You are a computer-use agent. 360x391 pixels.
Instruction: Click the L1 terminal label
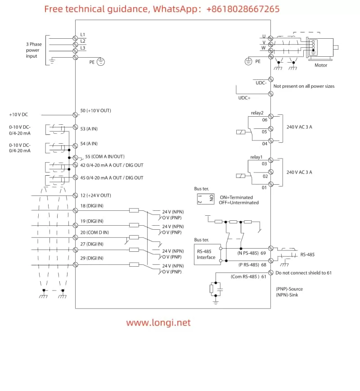[82, 35]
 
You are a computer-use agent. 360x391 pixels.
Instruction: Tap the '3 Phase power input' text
[33, 50]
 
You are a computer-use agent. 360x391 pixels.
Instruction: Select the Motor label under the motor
[321, 65]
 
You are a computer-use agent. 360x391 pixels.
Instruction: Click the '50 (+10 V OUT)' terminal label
[95, 110]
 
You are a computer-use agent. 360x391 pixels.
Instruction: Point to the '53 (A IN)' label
[89, 129]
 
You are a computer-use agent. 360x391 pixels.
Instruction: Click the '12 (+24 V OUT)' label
[95, 195]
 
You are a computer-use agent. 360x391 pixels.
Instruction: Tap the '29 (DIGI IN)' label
[92, 258]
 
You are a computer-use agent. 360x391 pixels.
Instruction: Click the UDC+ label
[244, 98]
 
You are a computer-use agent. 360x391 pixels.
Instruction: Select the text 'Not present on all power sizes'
[304, 86]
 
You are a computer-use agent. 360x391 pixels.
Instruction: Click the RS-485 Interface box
[206, 254]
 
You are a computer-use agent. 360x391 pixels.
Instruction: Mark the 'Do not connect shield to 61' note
[304, 273]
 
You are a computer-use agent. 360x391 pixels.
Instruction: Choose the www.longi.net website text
[158, 323]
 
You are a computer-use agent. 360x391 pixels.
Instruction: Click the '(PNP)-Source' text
[289, 289]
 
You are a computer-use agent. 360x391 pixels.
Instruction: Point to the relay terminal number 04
[265, 144]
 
